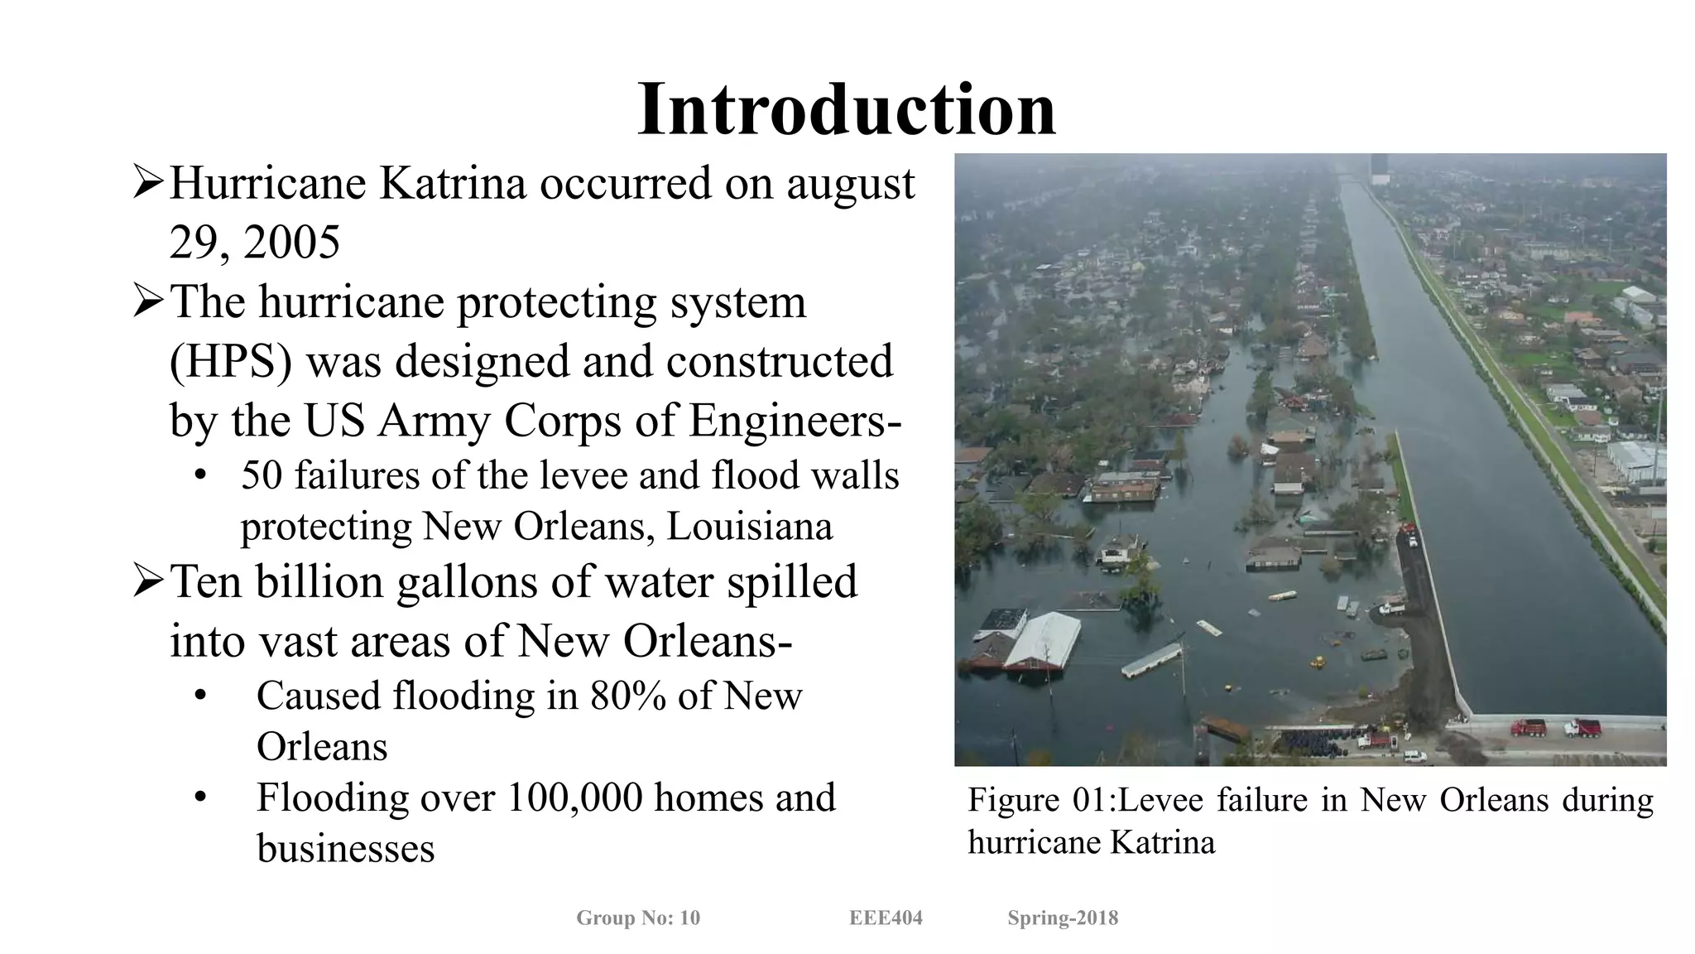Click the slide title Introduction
[x=847, y=109]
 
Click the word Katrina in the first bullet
[x=452, y=183]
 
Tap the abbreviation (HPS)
[x=230, y=362]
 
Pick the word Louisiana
[x=749, y=527]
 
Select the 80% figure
[x=627, y=696]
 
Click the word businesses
[x=346, y=849]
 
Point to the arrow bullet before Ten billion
[x=148, y=581]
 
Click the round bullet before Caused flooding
[x=199, y=696]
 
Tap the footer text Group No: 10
[x=638, y=918]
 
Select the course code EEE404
[x=886, y=918]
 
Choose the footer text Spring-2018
[x=1063, y=918]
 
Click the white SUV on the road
[x=1416, y=755]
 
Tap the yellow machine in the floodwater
[x=1315, y=662]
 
